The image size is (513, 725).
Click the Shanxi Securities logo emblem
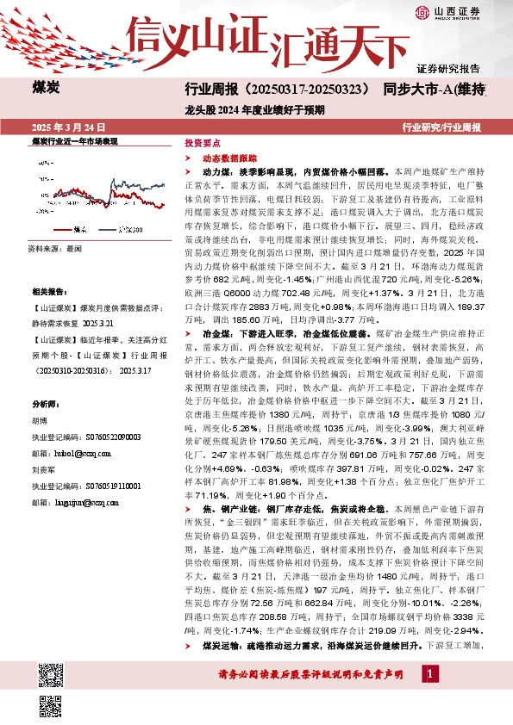tap(443, 12)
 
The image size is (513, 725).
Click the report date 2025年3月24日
tap(73, 127)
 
